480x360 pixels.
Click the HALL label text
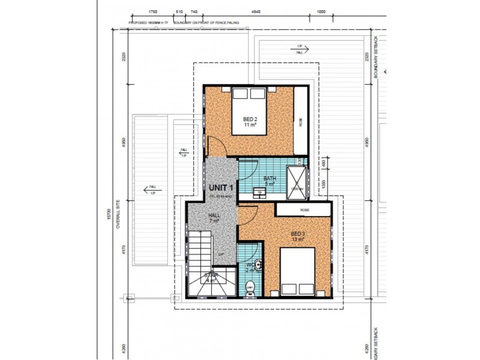(214, 217)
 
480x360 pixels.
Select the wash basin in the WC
(257, 265)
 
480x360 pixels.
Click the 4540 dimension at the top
(257, 11)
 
